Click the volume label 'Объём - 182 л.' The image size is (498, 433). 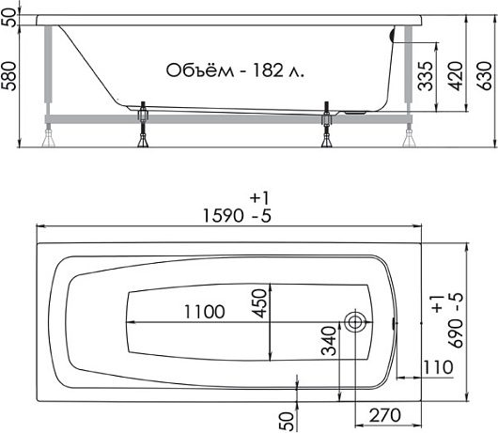point(235,70)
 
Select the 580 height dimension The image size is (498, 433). point(8,76)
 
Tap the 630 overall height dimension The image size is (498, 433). point(485,76)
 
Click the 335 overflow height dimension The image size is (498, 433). point(426,76)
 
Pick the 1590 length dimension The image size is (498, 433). point(223,216)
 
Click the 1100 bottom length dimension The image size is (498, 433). point(205,312)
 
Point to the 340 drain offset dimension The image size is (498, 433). point(329,341)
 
